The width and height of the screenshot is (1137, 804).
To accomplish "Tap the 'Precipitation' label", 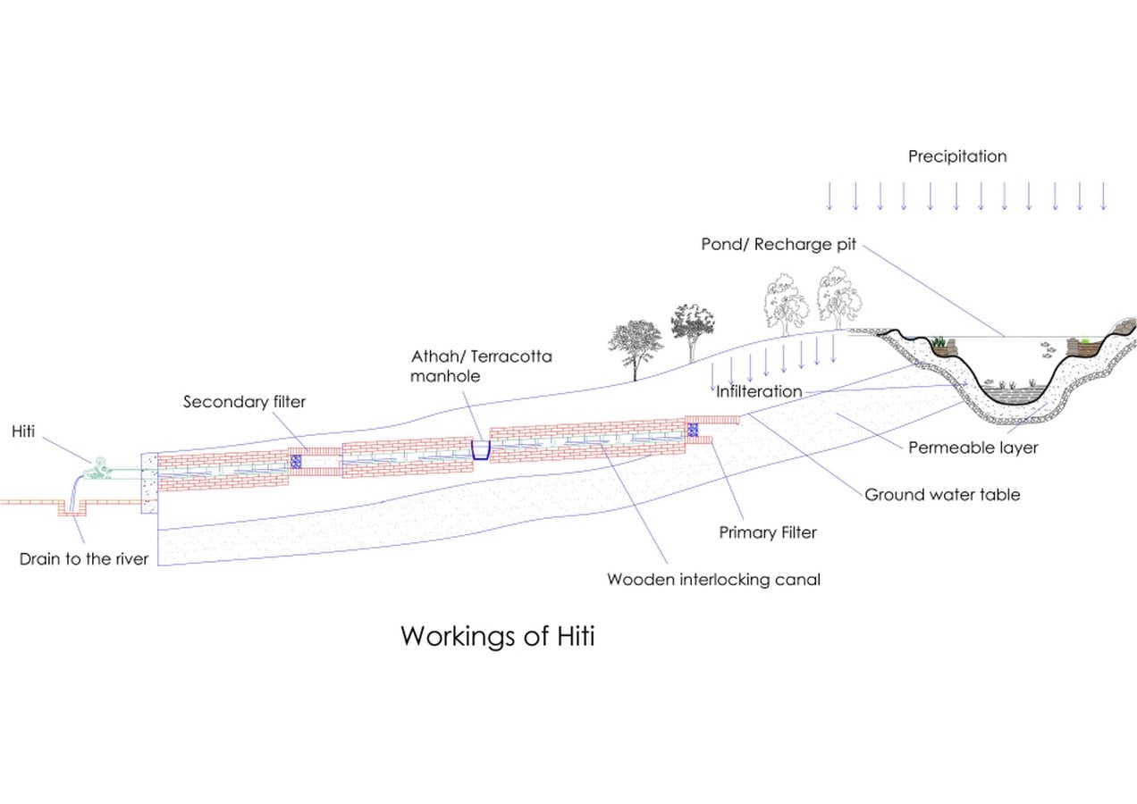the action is (957, 156).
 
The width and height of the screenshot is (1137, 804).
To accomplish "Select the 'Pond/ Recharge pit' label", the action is (779, 245).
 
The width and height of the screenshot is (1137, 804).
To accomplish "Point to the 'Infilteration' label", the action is (759, 391).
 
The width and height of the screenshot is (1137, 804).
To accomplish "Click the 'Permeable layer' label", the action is (973, 448).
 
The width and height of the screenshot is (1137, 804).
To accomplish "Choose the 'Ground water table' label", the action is (942, 495).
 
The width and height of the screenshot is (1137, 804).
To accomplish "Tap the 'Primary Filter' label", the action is (768, 532).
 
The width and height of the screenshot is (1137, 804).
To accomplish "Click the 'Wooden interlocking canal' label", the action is (713, 579).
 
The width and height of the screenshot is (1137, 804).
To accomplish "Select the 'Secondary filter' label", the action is (244, 402).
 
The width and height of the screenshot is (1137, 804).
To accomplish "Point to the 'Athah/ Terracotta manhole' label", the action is (481, 366).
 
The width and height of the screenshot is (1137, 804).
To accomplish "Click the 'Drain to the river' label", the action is (84, 559).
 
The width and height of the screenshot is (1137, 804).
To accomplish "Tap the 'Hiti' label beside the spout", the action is (23, 431).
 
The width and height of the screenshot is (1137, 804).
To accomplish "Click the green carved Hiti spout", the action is (97, 469).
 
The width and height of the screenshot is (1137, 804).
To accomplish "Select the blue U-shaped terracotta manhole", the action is (481, 450).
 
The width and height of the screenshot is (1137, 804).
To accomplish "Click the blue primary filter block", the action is (693, 430).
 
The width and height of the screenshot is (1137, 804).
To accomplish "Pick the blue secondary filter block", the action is (295, 462).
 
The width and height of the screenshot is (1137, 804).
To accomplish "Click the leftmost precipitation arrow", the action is (830, 196).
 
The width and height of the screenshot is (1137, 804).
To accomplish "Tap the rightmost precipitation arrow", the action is (1103, 196).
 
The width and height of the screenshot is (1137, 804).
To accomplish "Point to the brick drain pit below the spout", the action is (72, 507).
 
